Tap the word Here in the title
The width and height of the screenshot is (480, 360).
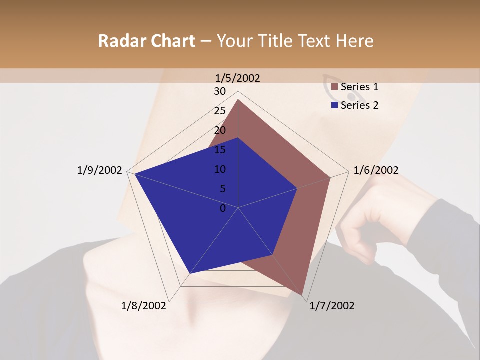pyautogui.click(x=354, y=41)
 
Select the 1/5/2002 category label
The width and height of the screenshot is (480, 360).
pyautogui.click(x=238, y=78)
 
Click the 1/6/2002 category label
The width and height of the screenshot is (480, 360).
pyautogui.click(x=376, y=170)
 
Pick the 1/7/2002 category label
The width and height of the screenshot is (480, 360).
pyautogui.click(x=332, y=306)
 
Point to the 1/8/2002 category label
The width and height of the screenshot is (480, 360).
pyautogui.click(x=144, y=306)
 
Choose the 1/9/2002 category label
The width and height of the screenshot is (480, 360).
pyautogui.click(x=100, y=170)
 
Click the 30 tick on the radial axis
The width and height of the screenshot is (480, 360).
pyautogui.click(x=220, y=91)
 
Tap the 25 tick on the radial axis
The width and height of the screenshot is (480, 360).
pyautogui.click(x=220, y=111)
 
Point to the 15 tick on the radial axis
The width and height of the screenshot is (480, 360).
pyautogui.click(x=220, y=150)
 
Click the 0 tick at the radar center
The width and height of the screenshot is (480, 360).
pyautogui.click(x=223, y=208)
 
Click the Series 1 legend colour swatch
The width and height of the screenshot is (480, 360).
pyautogui.click(x=335, y=87)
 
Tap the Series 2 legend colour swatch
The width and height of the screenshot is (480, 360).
pyautogui.click(x=335, y=105)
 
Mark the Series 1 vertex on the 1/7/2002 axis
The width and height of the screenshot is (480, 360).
pyautogui.click(x=302, y=295)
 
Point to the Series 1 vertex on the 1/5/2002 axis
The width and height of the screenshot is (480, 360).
pyautogui.click(x=238, y=99)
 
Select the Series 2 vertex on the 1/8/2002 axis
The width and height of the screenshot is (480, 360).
pyautogui.click(x=190, y=273)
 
